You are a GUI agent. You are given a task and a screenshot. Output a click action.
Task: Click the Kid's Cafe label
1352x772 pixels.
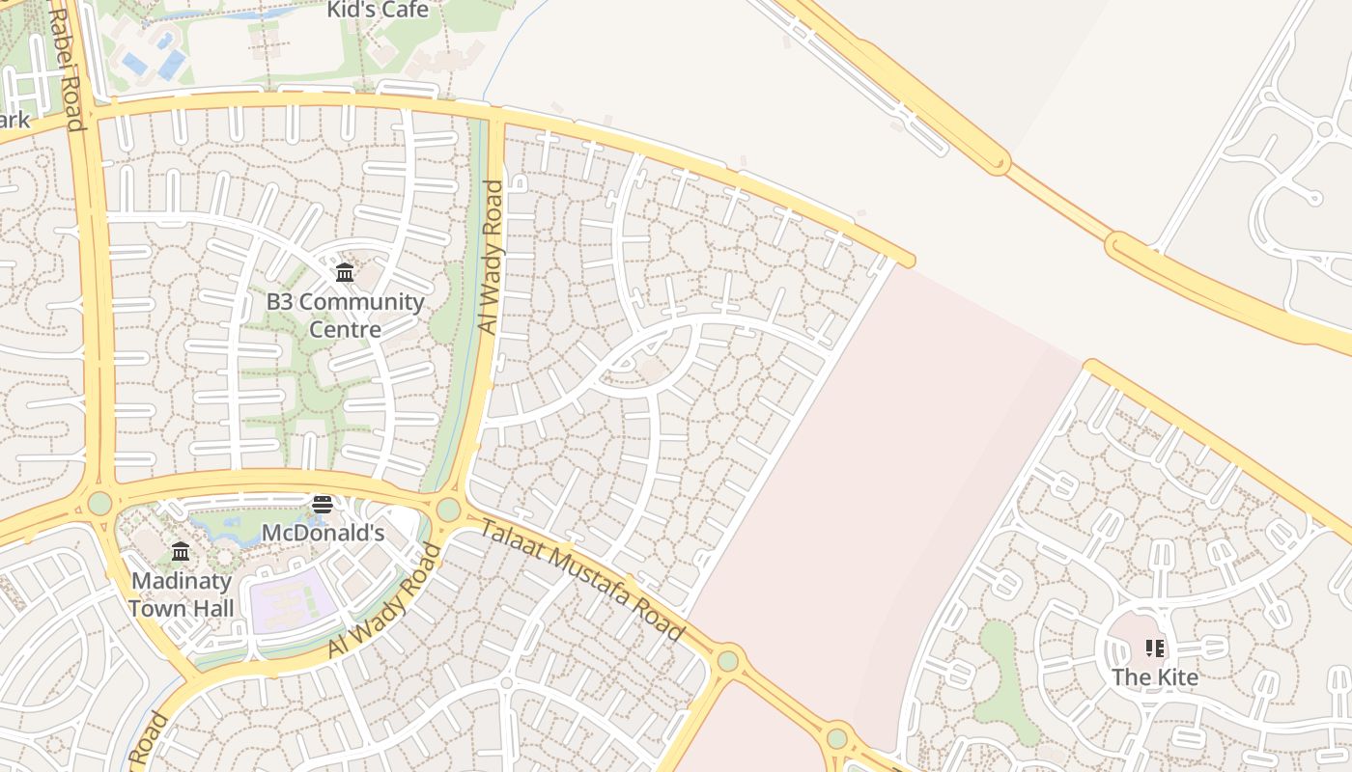(378, 11)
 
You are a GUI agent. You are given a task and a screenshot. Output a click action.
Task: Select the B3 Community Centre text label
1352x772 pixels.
(345, 315)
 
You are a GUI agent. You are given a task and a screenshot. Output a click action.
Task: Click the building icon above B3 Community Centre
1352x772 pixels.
(345, 273)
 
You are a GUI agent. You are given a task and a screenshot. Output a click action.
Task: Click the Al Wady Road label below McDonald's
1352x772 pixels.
(384, 602)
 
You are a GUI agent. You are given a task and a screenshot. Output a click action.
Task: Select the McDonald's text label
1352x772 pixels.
(323, 533)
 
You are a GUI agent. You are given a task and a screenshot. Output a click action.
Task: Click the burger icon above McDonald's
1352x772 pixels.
(323, 505)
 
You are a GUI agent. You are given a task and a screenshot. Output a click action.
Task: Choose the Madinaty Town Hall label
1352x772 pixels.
(182, 594)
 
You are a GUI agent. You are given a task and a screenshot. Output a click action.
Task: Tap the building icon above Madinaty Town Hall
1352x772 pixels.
(181, 552)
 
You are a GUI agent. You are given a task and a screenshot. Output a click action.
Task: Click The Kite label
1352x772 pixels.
(1155, 676)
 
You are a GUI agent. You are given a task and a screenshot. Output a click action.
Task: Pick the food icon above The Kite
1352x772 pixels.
(1155, 648)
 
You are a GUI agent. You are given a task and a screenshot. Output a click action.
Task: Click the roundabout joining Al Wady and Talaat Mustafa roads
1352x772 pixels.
(448, 509)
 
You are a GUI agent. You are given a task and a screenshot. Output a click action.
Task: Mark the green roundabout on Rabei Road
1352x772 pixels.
(100, 503)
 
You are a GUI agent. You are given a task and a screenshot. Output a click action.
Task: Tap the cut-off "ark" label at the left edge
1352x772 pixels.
(14, 121)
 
